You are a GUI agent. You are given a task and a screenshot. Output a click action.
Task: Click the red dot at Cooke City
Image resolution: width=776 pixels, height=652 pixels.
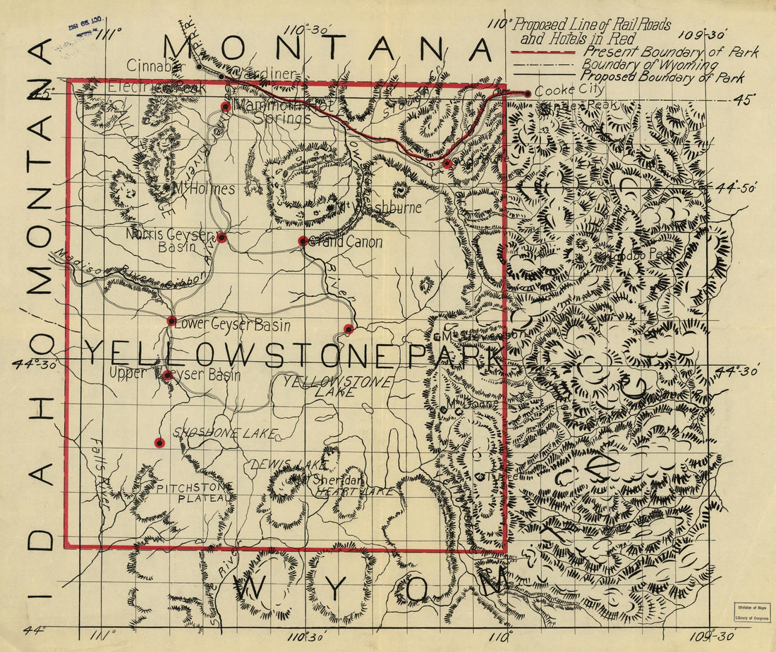[x=527, y=94]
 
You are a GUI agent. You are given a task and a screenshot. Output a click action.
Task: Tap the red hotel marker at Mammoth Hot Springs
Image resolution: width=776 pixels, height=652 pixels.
[x=226, y=107]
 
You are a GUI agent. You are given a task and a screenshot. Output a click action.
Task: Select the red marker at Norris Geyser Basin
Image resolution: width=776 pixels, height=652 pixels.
[x=222, y=238]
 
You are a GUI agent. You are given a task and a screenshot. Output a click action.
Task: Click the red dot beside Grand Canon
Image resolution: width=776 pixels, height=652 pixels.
[x=303, y=241]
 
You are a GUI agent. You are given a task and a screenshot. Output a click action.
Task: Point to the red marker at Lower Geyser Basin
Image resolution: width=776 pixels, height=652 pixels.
[x=171, y=321]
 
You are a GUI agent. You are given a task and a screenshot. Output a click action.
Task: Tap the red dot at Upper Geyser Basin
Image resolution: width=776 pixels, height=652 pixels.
[x=167, y=375]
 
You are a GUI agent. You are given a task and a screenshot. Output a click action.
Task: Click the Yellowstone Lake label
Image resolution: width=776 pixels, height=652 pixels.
[x=336, y=387]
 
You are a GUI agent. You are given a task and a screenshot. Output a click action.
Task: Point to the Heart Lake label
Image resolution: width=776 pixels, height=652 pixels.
[x=353, y=491]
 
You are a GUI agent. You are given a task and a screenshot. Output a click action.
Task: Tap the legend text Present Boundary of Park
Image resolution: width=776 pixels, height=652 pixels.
[x=670, y=52]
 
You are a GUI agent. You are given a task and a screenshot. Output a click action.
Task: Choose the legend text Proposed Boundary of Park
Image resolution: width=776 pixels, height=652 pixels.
[x=663, y=78]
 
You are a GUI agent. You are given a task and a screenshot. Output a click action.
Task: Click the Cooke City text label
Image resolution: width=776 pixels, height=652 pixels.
[x=569, y=90]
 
